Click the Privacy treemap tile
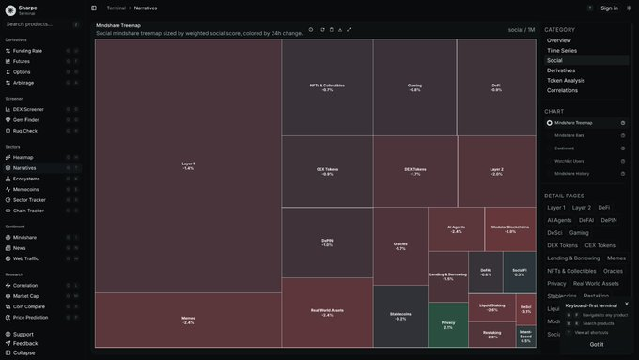tap(447, 325)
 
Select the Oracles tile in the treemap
tap(400, 246)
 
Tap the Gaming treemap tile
tap(414, 87)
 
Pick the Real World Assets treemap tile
tap(327, 312)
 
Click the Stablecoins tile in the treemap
tap(400, 317)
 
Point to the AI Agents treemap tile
tap(457, 228)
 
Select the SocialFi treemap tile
tap(519, 273)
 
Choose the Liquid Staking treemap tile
tap(491, 306)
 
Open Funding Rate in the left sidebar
tap(27, 51)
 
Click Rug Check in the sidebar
tap(25, 131)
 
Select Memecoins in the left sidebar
tap(26, 189)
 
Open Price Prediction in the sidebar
tap(31, 317)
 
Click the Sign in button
tap(609, 8)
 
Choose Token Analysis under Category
tap(566, 80)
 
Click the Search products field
tap(38, 24)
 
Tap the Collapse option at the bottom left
tap(23, 352)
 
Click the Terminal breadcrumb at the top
tap(116, 8)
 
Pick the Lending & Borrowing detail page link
tap(572, 258)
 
